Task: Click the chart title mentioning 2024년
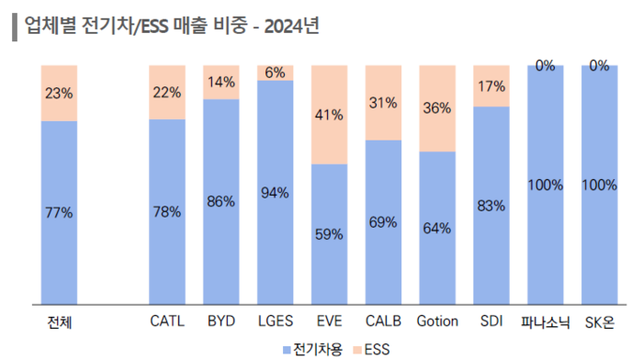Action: (170, 25)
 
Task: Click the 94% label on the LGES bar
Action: (275, 192)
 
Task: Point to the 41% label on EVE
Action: (329, 115)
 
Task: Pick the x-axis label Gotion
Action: (436, 322)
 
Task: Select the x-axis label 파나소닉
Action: (545, 322)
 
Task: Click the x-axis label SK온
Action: (599, 322)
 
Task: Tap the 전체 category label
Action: (59, 322)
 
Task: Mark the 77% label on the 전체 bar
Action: (59, 212)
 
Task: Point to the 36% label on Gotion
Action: (436, 107)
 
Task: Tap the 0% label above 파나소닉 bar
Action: (545, 66)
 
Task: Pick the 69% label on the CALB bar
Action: (383, 221)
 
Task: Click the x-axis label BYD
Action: (221, 322)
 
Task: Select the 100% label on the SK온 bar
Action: (599, 185)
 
